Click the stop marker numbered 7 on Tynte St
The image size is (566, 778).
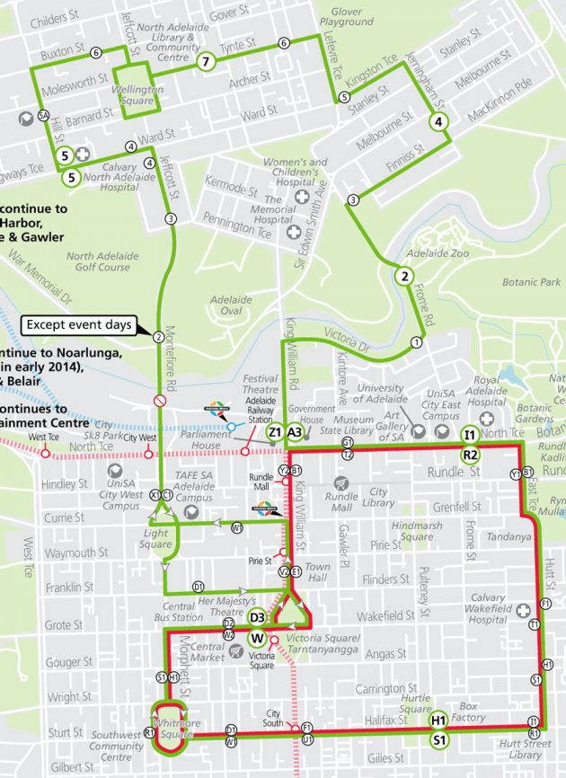point(206,61)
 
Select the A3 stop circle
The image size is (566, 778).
point(295,431)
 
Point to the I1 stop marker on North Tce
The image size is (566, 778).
point(469,436)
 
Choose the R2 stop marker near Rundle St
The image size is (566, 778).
point(469,455)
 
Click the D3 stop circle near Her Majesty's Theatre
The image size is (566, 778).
point(258,617)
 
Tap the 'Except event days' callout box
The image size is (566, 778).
point(78,324)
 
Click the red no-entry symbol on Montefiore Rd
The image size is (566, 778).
point(159,400)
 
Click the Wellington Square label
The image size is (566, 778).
point(137,94)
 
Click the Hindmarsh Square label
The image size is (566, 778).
point(419,531)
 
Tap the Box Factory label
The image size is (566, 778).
point(473,712)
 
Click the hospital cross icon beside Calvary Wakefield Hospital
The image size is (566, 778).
point(525,611)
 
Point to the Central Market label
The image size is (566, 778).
point(208,652)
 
